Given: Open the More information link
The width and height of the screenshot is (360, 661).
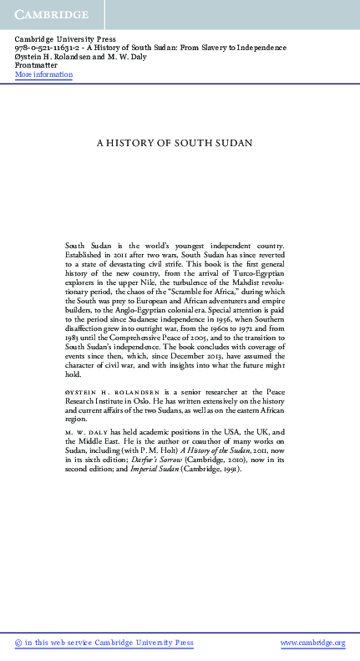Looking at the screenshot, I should pyautogui.click(x=43, y=74).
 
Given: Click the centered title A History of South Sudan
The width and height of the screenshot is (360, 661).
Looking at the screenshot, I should pyautogui.click(x=180, y=142).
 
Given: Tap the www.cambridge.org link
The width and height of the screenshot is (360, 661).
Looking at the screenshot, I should pyautogui.click(x=312, y=643).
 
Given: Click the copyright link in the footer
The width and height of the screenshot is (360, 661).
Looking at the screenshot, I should pyautogui.click(x=104, y=643).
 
